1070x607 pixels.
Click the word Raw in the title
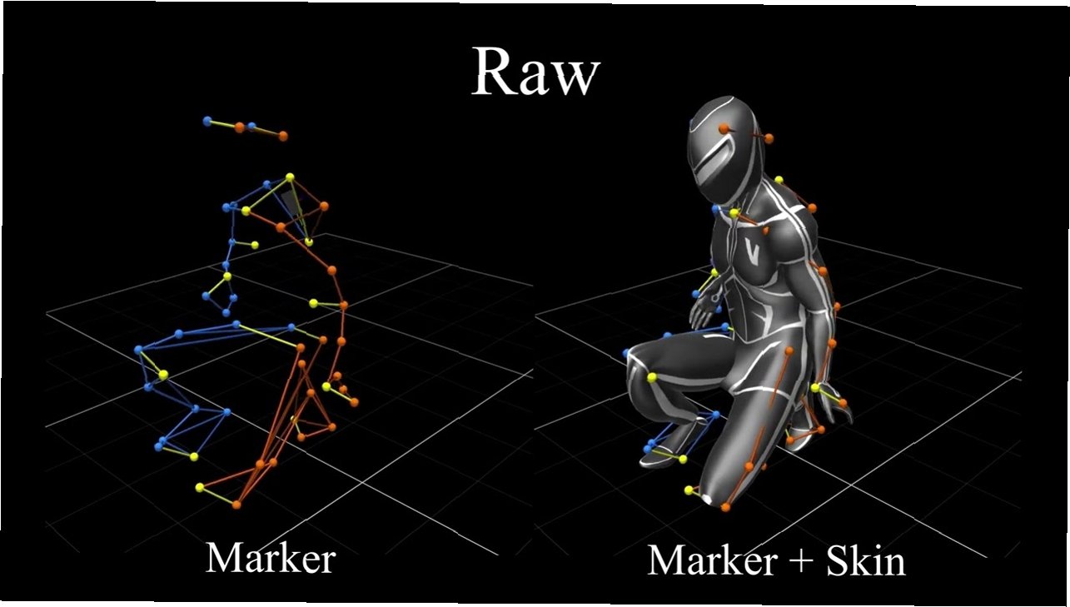pyautogui.click(x=535, y=72)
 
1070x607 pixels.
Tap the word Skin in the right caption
pyautogui.click(x=865, y=560)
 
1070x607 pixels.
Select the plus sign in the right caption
pyautogui.click(x=793, y=562)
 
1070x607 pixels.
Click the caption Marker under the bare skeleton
pyautogui.click(x=270, y=557)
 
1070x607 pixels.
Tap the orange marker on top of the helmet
pyautogui.click(x=724, y=128)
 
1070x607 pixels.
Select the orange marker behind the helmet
pyautogui.click(x=769, y=138)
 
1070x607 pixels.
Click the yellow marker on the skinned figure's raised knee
pyautogui.click(x=652, y=379)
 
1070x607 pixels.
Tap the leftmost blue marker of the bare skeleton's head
pyautogui.click(x=207, y=121)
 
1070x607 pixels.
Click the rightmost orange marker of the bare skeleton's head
pyautogui.click(x=283, y=135)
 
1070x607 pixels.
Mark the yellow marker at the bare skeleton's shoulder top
pyautogui.click(x=290, y=177)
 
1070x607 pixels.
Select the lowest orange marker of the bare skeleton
pyautogui.click(x=237, y=504)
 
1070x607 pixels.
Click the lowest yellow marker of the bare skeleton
pyautogui.click(x=199, y=487)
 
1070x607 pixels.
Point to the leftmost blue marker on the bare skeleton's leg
pyautogui.click(x=138, y=350)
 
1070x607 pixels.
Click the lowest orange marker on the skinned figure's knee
pyautogui.click(x=726, y=506)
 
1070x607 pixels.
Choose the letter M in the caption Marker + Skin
pyautogui.click(x=667, y=560)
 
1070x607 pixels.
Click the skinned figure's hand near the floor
pyautogui.click(x=833, y=401)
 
